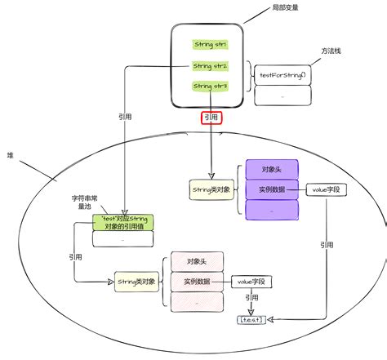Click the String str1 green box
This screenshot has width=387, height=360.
pos(210,44)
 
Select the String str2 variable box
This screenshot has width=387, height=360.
pos(210,65)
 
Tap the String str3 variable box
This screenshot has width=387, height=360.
pos(210,86)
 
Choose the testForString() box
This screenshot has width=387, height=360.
pos(282,75)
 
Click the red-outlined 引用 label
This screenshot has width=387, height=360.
pos(211,118)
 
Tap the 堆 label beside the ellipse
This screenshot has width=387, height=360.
pos(10,154)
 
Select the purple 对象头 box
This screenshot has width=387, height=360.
pos(272,170)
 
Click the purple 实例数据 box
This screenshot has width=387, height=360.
pos(272,189)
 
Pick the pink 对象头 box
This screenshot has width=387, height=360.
pos(196,262)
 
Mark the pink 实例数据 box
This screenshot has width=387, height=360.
pos(196,282)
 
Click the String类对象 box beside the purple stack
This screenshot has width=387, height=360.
pos(211,189)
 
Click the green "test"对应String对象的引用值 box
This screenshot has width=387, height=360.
pos(122,223)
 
